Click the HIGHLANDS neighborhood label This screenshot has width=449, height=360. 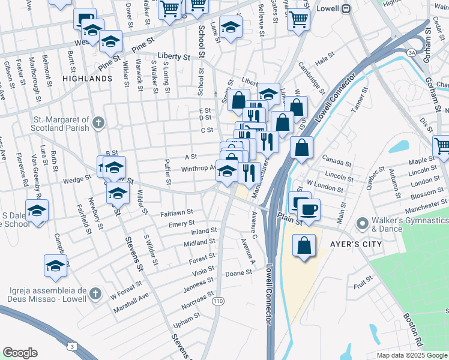point(86,79)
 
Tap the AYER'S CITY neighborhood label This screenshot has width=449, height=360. point(339,245)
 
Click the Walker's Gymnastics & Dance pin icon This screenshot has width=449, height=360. point(362,224)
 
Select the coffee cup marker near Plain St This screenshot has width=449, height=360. point(309,209)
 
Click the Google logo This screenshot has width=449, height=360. point(20,353)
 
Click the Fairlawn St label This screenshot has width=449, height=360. point(176,212)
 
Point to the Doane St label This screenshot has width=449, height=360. point(238,274)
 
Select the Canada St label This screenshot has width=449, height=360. point(336,163)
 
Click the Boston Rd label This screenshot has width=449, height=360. point(414,326)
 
